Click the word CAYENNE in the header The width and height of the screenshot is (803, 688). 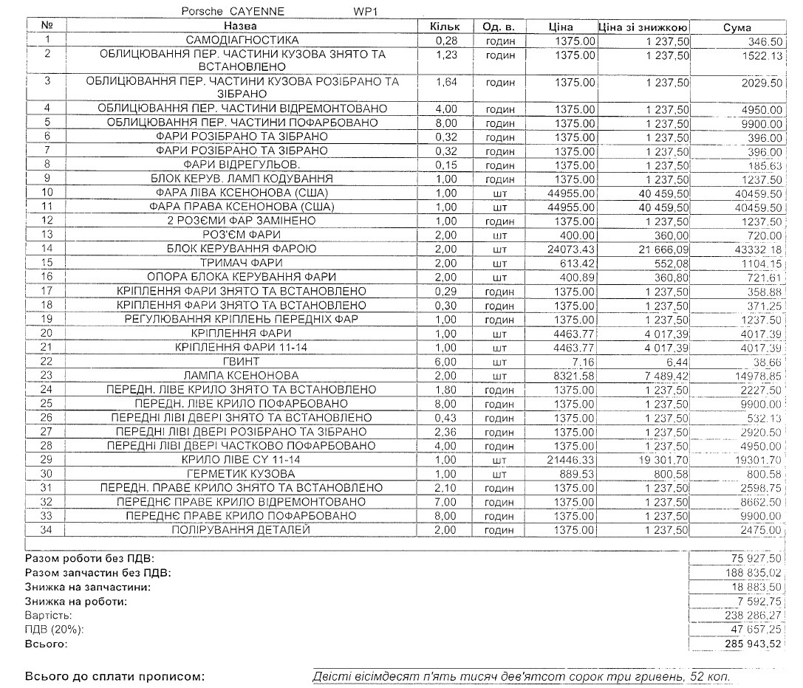(x=256, y=12)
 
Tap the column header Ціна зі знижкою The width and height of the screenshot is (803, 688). (x=643, y=27)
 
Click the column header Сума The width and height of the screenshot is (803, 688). (x=737, y=27)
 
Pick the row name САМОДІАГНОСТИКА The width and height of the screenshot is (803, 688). (x=242, y=41)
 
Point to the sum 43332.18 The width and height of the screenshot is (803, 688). (x=756, y=249)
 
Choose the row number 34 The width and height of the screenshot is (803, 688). (x=47, y=530)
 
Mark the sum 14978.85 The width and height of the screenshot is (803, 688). (x=756, y=376)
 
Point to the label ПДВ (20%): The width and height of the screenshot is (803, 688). (x=55, y=630)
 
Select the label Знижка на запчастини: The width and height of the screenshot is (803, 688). (x=87, y=587)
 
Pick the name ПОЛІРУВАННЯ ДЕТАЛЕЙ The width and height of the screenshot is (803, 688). (x=242, y=530)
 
